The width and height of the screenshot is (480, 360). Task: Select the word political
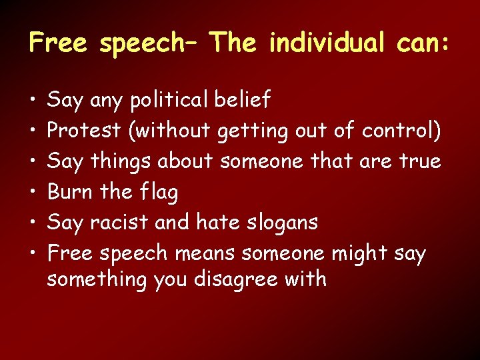[x=171, y=101]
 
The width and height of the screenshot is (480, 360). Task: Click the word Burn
[x=70, y=192]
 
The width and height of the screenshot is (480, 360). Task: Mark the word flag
[x=159, y=193]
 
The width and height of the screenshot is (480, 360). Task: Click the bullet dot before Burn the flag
[x=33, y=193]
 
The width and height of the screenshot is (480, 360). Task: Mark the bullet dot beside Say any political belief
[x=33, y=101]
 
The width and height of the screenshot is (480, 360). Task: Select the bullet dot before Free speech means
[x=33, y=254]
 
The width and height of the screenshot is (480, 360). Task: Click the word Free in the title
[x=58, y=43]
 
